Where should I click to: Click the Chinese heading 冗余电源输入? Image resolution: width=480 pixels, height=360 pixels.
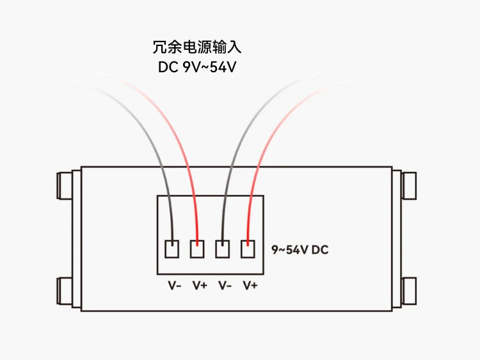(197, 47)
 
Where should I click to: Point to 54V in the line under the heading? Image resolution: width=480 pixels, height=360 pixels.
(223, 67)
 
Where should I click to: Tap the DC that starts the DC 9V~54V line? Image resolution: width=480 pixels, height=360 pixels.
(168, 67)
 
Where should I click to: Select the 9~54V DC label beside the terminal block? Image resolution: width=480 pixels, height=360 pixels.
(300, 250)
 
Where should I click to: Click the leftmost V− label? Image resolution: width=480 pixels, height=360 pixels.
(175, 286)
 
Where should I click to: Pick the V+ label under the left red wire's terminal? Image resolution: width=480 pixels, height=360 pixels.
(200, 286)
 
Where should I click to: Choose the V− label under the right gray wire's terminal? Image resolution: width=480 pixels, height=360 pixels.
(225, 286)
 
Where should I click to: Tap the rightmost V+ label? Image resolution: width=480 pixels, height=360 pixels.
(250, 286)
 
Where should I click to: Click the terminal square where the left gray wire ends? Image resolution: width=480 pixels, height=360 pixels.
(172, 249)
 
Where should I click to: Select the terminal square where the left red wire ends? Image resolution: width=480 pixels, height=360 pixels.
(197, 249)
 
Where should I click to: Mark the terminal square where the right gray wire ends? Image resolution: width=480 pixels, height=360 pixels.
(223, 249)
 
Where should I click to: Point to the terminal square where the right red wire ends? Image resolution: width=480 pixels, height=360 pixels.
(248, 249)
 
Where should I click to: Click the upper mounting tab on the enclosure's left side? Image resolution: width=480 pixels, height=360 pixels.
(65, 185)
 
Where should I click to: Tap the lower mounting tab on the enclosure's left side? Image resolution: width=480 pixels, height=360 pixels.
(65, 291)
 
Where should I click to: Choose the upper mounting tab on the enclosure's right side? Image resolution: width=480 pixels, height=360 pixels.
(409, 185)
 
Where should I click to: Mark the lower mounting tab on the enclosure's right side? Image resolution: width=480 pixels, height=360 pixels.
(409, 291)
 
